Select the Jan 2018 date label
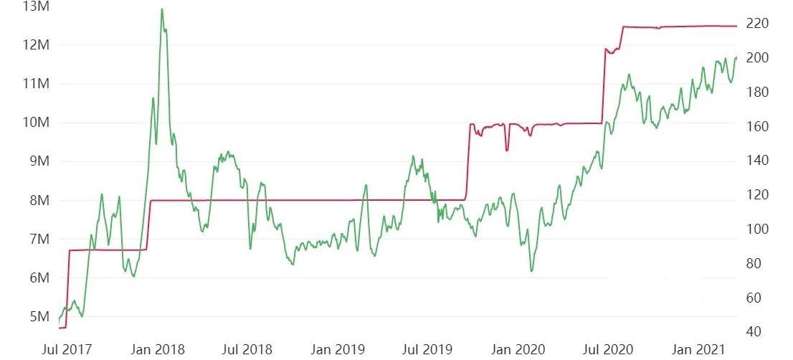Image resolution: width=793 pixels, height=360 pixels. pos(159,350)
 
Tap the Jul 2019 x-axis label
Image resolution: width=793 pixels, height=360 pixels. pos(427,350)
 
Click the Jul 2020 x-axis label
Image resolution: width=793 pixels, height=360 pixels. pos(607,350)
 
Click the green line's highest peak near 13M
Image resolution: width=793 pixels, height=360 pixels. pos(162,9)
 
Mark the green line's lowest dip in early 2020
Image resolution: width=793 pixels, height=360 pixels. pos(531,270)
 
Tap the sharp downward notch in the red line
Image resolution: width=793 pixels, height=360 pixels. pos(507,150)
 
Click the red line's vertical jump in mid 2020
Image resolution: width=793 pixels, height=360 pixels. pos(604,86)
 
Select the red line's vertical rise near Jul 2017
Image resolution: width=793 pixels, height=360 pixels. pos(67,287)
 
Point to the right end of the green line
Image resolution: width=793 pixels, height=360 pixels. pos(736,57)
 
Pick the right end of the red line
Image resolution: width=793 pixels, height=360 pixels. pos(736,26)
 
